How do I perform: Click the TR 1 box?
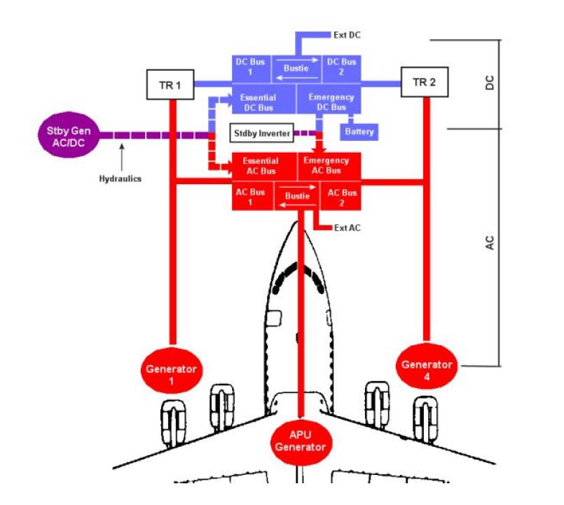point(170,85)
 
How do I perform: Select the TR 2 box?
point(425,82)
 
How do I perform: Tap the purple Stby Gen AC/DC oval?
point(69,135)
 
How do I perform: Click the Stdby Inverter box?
point(262,132)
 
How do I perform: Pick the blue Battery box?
point(359,132)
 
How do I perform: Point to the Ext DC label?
point(347,35)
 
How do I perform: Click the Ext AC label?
point(347,228)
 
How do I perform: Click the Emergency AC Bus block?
point(329,166)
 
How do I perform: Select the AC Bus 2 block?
point(341,195)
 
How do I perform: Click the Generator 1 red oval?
point(171,371)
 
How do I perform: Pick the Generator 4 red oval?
point(427,366)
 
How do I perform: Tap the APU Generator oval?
point(301,443)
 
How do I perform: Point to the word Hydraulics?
point(120,179)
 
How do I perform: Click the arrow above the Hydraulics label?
point(122,157)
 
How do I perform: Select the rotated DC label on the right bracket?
point(490,83)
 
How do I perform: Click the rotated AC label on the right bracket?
point(490,243)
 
